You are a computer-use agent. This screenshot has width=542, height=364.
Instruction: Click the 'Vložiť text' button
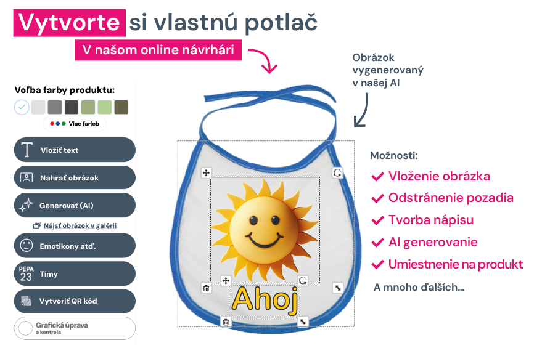pyautogui.click(x=75, y=150)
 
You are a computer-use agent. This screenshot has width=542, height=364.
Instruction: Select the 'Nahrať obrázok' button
pyautogui.click(x=75, y=177)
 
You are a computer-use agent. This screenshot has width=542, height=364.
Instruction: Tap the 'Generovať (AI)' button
pyautogui.click(x=75, y=205)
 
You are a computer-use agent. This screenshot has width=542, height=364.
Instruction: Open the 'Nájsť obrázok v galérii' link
pyautogui.click(x=80, y=225)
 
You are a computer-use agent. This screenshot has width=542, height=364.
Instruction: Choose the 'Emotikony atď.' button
pyautogui.click(x=75, y=246)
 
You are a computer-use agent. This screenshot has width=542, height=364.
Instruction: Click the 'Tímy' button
pyautogui.click(x=75, y=273)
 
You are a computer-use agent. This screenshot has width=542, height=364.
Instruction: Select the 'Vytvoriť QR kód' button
pyautogui.click(x=75, y=301)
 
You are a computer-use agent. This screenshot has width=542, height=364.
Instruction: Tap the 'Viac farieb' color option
pyautogui.click(x=75, y=124)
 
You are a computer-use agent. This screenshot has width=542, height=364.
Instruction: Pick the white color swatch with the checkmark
pyautogui.click(x=22, y=107)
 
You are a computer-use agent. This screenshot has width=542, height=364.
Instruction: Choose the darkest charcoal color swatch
pyautogui.click(x=72, y=107)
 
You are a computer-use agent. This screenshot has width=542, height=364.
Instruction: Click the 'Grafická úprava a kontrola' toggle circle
pyautogui.click(x=25, y=328)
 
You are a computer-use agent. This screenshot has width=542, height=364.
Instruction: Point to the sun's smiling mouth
pyautogui.click(x=264, y=240)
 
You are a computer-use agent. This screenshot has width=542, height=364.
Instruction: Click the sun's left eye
pyautogui.click(x=253, y=220)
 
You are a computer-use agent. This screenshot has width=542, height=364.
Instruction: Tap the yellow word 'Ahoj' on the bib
pyautogui.click(x=265, y=299)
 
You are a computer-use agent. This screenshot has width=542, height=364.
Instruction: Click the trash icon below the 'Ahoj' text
pyautogui.click(x=226, y=322)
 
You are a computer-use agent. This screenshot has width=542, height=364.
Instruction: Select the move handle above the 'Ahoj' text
pyautogui.click(x=226, y=280)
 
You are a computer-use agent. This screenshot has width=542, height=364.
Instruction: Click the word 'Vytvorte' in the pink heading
pyautogui.click(x=69, y=22)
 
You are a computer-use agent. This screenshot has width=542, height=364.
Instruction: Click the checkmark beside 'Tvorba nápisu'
pyautogui.click(x=377, y=220)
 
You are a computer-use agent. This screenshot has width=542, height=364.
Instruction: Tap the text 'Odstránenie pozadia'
pyautogui.click(x=451, y=198)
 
